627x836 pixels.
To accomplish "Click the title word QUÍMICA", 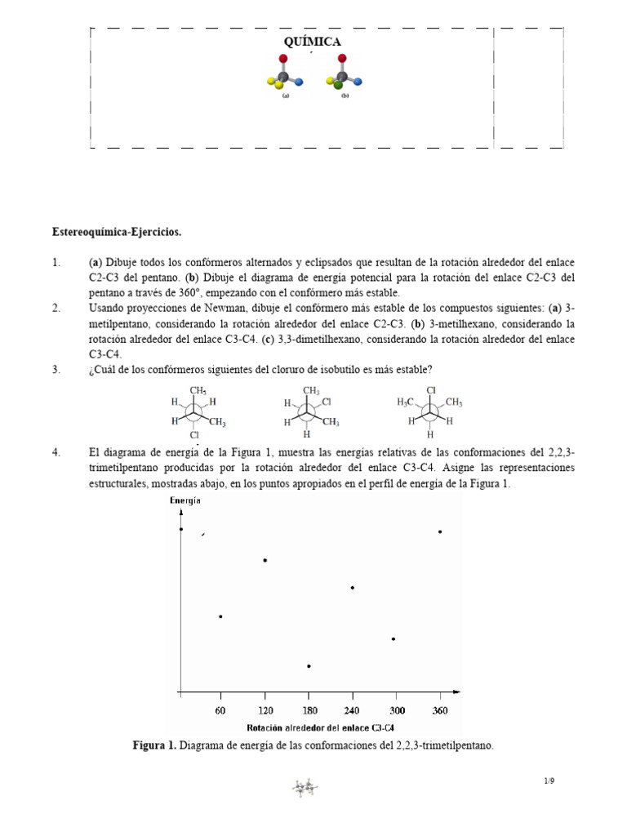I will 313,42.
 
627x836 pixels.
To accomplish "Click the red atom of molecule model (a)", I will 283,59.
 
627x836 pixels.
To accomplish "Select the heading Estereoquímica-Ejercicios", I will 117,233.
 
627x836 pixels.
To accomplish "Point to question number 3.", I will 56,370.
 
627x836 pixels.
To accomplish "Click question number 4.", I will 56,451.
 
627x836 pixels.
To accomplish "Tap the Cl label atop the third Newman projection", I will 432,390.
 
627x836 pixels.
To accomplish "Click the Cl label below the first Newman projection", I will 194,435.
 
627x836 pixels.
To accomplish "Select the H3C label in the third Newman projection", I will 407,402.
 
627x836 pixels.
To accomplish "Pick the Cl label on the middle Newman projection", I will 327,402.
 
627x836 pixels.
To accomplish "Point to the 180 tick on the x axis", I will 309,711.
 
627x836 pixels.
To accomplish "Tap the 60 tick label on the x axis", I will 220,711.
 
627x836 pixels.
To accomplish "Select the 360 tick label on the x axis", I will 440,711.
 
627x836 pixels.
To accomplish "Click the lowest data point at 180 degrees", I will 309,666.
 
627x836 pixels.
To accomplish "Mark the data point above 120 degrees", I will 265,560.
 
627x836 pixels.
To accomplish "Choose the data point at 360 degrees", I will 440,531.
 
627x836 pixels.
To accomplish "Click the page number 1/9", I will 549,781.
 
